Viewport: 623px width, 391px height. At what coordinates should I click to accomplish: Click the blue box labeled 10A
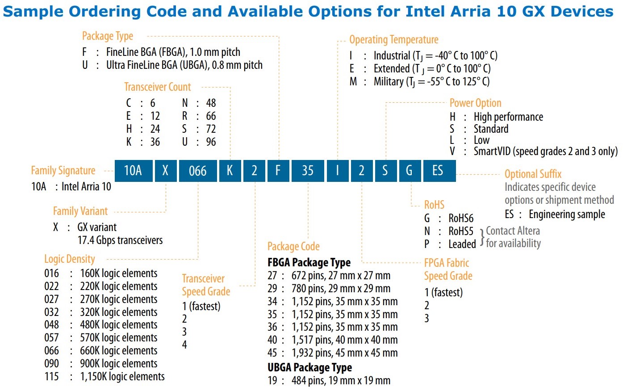(x=133, y=171)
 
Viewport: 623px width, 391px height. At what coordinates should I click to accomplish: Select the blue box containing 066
(x=197, y=171)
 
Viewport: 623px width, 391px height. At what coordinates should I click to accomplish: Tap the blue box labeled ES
(x=438, y=171)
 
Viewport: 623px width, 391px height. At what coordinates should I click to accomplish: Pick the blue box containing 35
(x=307, y=171)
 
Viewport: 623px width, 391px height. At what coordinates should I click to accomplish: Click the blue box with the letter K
(x=230, y=171)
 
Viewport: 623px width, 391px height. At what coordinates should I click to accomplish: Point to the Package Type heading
(x=108, y=36)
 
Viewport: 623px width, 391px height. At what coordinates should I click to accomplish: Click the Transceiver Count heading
(x=157, y=87)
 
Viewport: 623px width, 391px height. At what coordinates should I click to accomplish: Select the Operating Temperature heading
(x=393, y=40)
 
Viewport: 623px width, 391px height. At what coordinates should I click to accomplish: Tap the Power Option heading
(x=475, y=103)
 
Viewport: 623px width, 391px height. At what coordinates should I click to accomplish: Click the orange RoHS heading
(x=434, y=205)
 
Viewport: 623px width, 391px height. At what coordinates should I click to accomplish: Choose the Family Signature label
(x=63, y=171)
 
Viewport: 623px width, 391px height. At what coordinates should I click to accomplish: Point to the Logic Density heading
(x=69, y=259)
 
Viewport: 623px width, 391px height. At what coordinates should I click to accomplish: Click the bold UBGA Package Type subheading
(x=309, y=367)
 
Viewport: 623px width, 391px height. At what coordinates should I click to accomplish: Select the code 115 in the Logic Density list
(x=51, y=377)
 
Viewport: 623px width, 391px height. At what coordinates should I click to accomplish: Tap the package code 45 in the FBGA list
(x=272, y=353)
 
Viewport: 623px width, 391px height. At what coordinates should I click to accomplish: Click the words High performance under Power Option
(x=508, y=117)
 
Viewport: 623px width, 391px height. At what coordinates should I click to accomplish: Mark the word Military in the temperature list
(x=388, y=82)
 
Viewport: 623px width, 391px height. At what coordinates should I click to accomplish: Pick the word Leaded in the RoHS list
(x=462, y=244)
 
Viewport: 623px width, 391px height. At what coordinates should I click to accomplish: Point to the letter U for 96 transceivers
(x=184, y=142)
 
